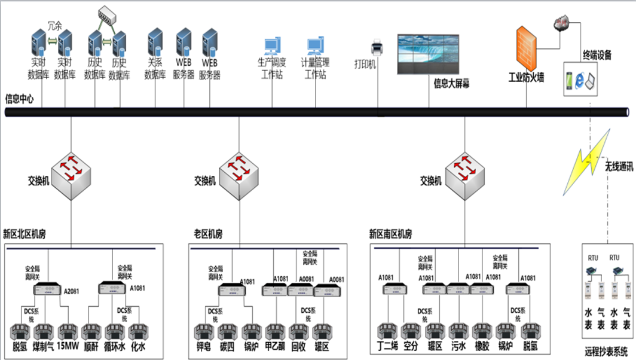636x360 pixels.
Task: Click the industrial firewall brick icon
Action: (526, 49)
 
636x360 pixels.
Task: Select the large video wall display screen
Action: (429, 54)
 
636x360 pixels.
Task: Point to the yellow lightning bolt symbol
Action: (587, 163)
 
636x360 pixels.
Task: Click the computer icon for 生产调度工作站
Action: (272, 47)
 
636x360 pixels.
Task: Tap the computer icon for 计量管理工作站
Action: (315, 47)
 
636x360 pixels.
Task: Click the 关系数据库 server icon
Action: (156, 42)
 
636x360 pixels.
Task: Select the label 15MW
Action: (68, 346)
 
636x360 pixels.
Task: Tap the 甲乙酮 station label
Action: (276, 346)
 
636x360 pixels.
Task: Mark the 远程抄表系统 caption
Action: (606, 352)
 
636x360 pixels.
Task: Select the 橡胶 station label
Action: (482, 346)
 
